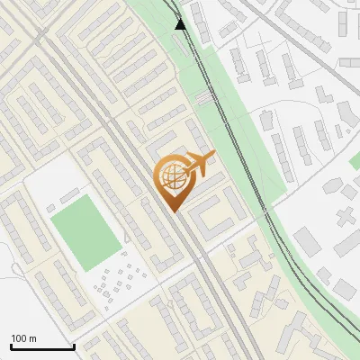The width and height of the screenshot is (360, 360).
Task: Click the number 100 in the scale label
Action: point(19,338)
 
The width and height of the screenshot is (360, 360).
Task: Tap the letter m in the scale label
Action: point(32,338)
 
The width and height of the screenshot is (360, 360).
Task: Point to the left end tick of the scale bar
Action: point(11,346)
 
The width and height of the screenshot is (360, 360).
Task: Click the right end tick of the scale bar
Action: point(74,346)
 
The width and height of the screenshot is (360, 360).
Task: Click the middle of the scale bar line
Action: point(42,347)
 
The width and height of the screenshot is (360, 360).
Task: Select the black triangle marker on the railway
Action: point(181,24)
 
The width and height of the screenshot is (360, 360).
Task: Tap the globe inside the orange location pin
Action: point(173,176)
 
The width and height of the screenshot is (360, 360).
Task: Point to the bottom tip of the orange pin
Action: point(173,211)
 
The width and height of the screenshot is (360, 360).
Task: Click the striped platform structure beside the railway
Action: point(206,97)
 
